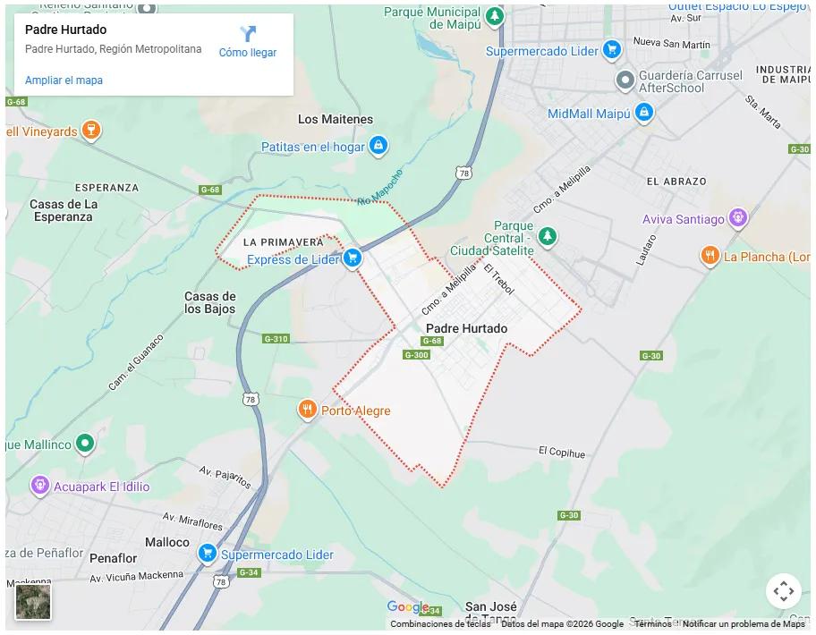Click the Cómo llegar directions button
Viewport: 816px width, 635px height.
[x=248, y=42]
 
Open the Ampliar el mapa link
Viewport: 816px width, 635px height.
[x=64, y=80]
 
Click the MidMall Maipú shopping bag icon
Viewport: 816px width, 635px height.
[x=643, y=113]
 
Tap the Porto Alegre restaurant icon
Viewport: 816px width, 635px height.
[x=307, y=410]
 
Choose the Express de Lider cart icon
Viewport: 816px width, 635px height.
[x=353, y=258]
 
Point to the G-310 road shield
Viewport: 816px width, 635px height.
[x=276, y=339]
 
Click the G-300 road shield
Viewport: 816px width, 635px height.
[x=417, y=355]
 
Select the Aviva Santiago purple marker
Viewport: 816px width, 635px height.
[x=737, y=217]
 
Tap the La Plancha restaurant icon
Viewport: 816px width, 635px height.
[x=710, y=256]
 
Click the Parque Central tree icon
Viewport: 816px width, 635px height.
[x=548, y=236]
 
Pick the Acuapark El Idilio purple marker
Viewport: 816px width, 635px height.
[x=40, y=486]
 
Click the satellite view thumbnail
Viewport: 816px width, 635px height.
[x=33, y=601]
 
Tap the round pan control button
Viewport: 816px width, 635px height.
[x=783, y=591]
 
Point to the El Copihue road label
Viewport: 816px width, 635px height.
[x=562, y=453]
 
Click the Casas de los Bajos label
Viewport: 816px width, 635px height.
[x=210, y=302]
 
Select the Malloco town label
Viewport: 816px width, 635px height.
[x=167, y=542]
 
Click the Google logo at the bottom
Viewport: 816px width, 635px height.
[x=408, y=608]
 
